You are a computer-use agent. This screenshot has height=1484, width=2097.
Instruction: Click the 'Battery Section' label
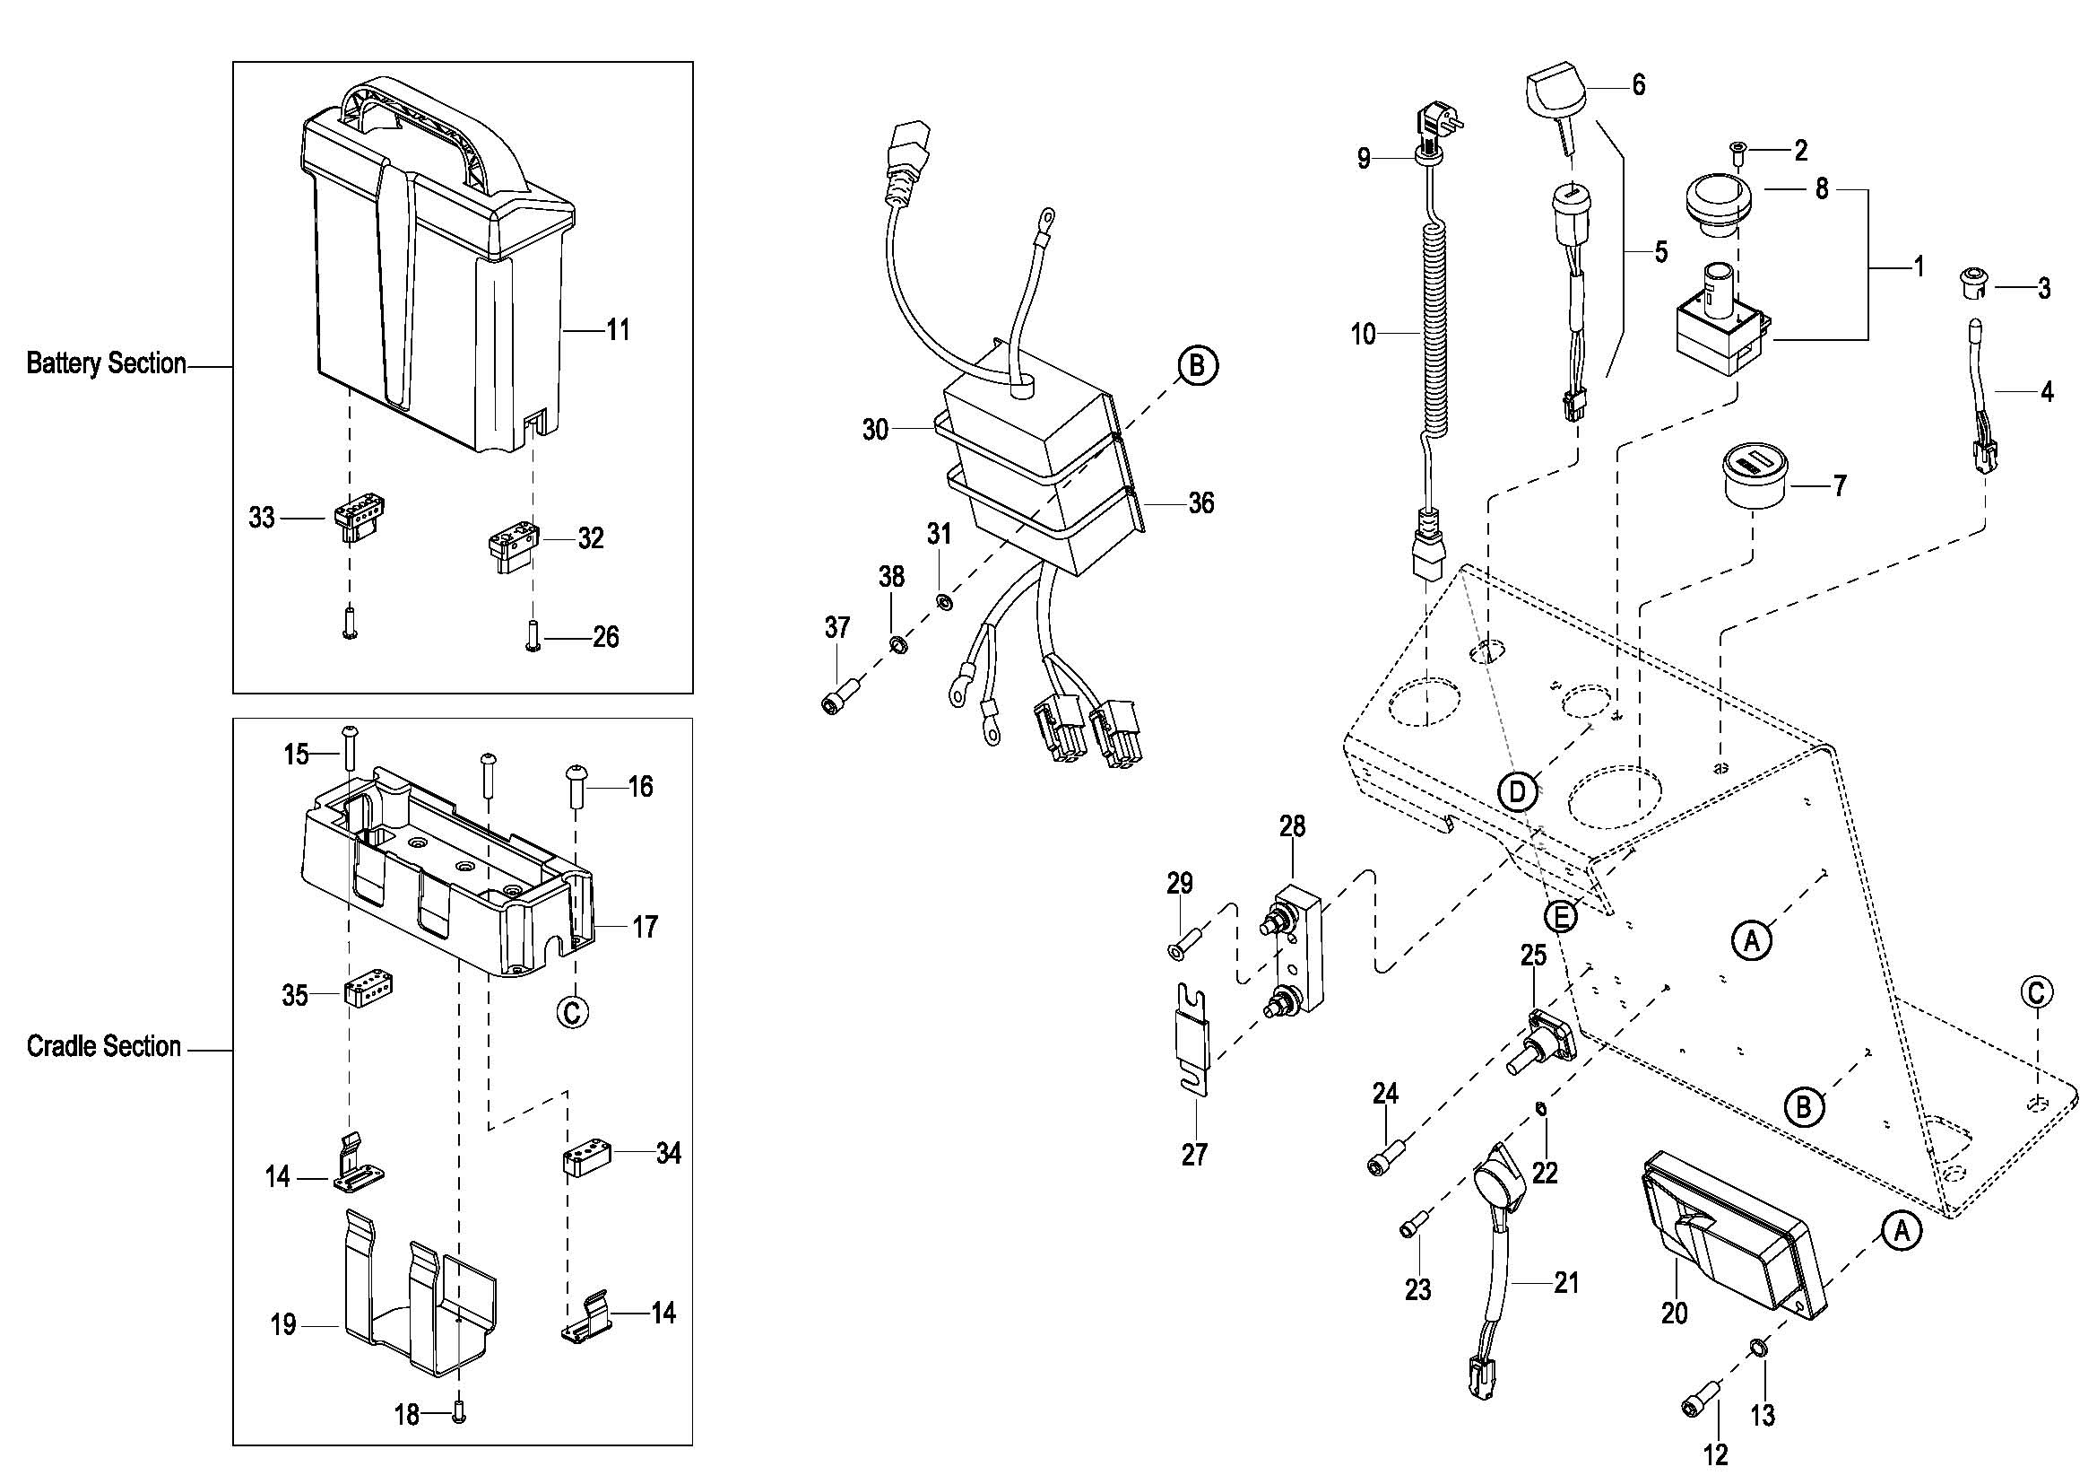[x=106, y=363]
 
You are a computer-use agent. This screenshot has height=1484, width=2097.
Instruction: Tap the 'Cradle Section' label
[x=103, y=1046]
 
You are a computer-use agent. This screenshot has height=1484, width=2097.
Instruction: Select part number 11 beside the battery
[x=619, y=330]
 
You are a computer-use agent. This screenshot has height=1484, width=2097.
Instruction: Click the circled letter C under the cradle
[x=573, y=1011]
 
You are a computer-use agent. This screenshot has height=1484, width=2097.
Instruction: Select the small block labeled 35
[x=368, y=990]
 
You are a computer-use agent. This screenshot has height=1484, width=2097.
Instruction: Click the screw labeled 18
[x=459, y=1414]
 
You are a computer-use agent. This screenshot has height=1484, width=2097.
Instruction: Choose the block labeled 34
[x=585, y=1157]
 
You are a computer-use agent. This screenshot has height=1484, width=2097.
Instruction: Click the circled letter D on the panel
[x=1517, y=792]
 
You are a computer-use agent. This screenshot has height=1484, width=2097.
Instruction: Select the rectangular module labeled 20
[x=1730, y=1238]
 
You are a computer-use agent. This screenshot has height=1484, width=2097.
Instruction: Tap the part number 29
[x=1179, y=884]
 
